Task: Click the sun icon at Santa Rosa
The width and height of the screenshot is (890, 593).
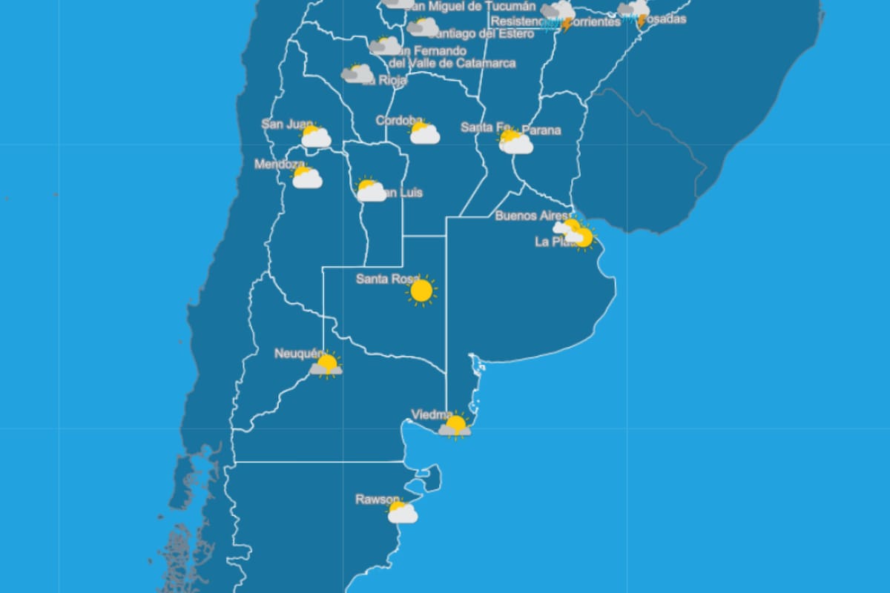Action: pyautogui.click(x=421, y=291)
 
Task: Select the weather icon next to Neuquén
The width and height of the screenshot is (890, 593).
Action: pyautogui.click(x=326, y=365)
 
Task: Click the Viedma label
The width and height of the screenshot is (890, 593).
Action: pyautogui.click(x=432, y=414)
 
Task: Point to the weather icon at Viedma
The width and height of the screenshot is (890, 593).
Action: pyautogui.click(x=455, y=426)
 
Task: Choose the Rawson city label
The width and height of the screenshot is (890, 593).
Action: pyautogui.click(x=378, y=500)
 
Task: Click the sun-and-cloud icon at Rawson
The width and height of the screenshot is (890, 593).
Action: pyautogui.click(x=402, y=512)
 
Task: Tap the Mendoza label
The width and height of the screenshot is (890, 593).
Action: pyautogui.click(x=279, y=165)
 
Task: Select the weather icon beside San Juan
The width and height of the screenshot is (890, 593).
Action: pyautogui.click(x=315, y=136)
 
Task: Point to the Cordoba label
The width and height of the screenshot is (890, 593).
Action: pyautogui.click(x=399, y=120)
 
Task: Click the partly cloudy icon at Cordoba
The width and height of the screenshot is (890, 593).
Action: pyautogui.click(x=425, y=133)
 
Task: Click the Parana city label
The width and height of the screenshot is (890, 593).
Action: pyautogui.click(x=541, y=130)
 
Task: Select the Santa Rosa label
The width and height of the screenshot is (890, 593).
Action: pyautogui.click(x=386, y=279)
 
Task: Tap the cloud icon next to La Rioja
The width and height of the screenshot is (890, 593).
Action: pyautogui.click(x=357, y=73)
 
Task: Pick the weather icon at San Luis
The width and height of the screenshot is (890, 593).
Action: pyautogui.click(x=370, y=191)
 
